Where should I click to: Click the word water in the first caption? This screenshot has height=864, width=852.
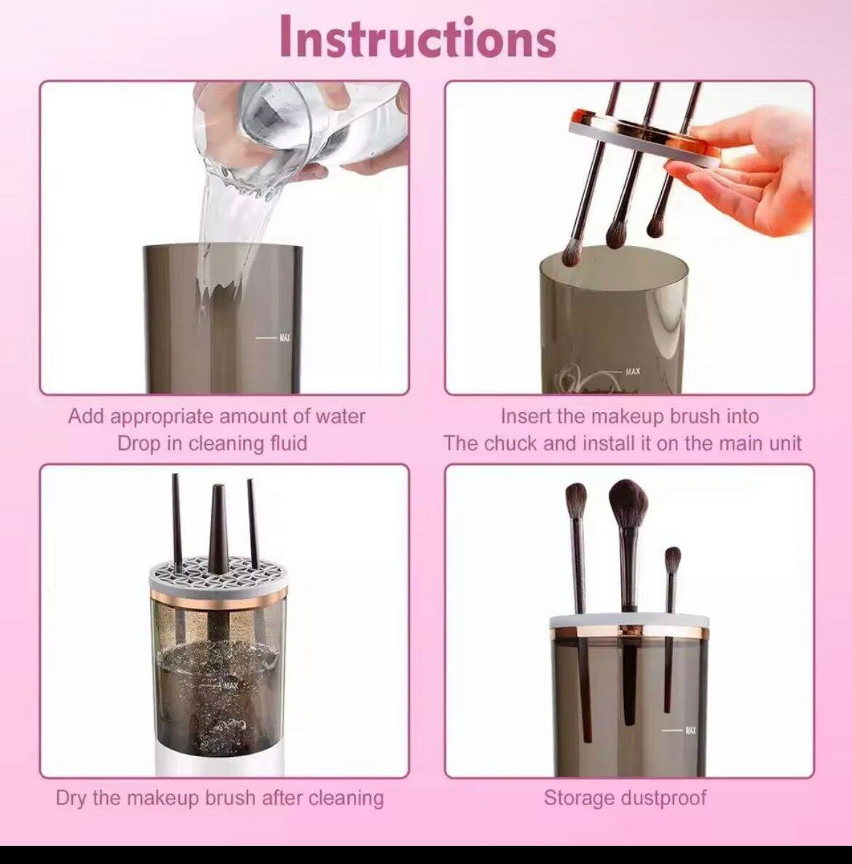coord(340,416)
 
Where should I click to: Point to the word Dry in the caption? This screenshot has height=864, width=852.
coord(71,798)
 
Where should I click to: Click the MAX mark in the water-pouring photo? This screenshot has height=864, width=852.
coord(283,338)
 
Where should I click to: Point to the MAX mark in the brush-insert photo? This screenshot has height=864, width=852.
coord(632,372)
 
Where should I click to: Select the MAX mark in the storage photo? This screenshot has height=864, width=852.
coord(689,730)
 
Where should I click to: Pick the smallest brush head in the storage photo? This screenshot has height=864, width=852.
coord(673,560)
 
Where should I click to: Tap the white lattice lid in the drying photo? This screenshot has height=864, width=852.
coord(218,574)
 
